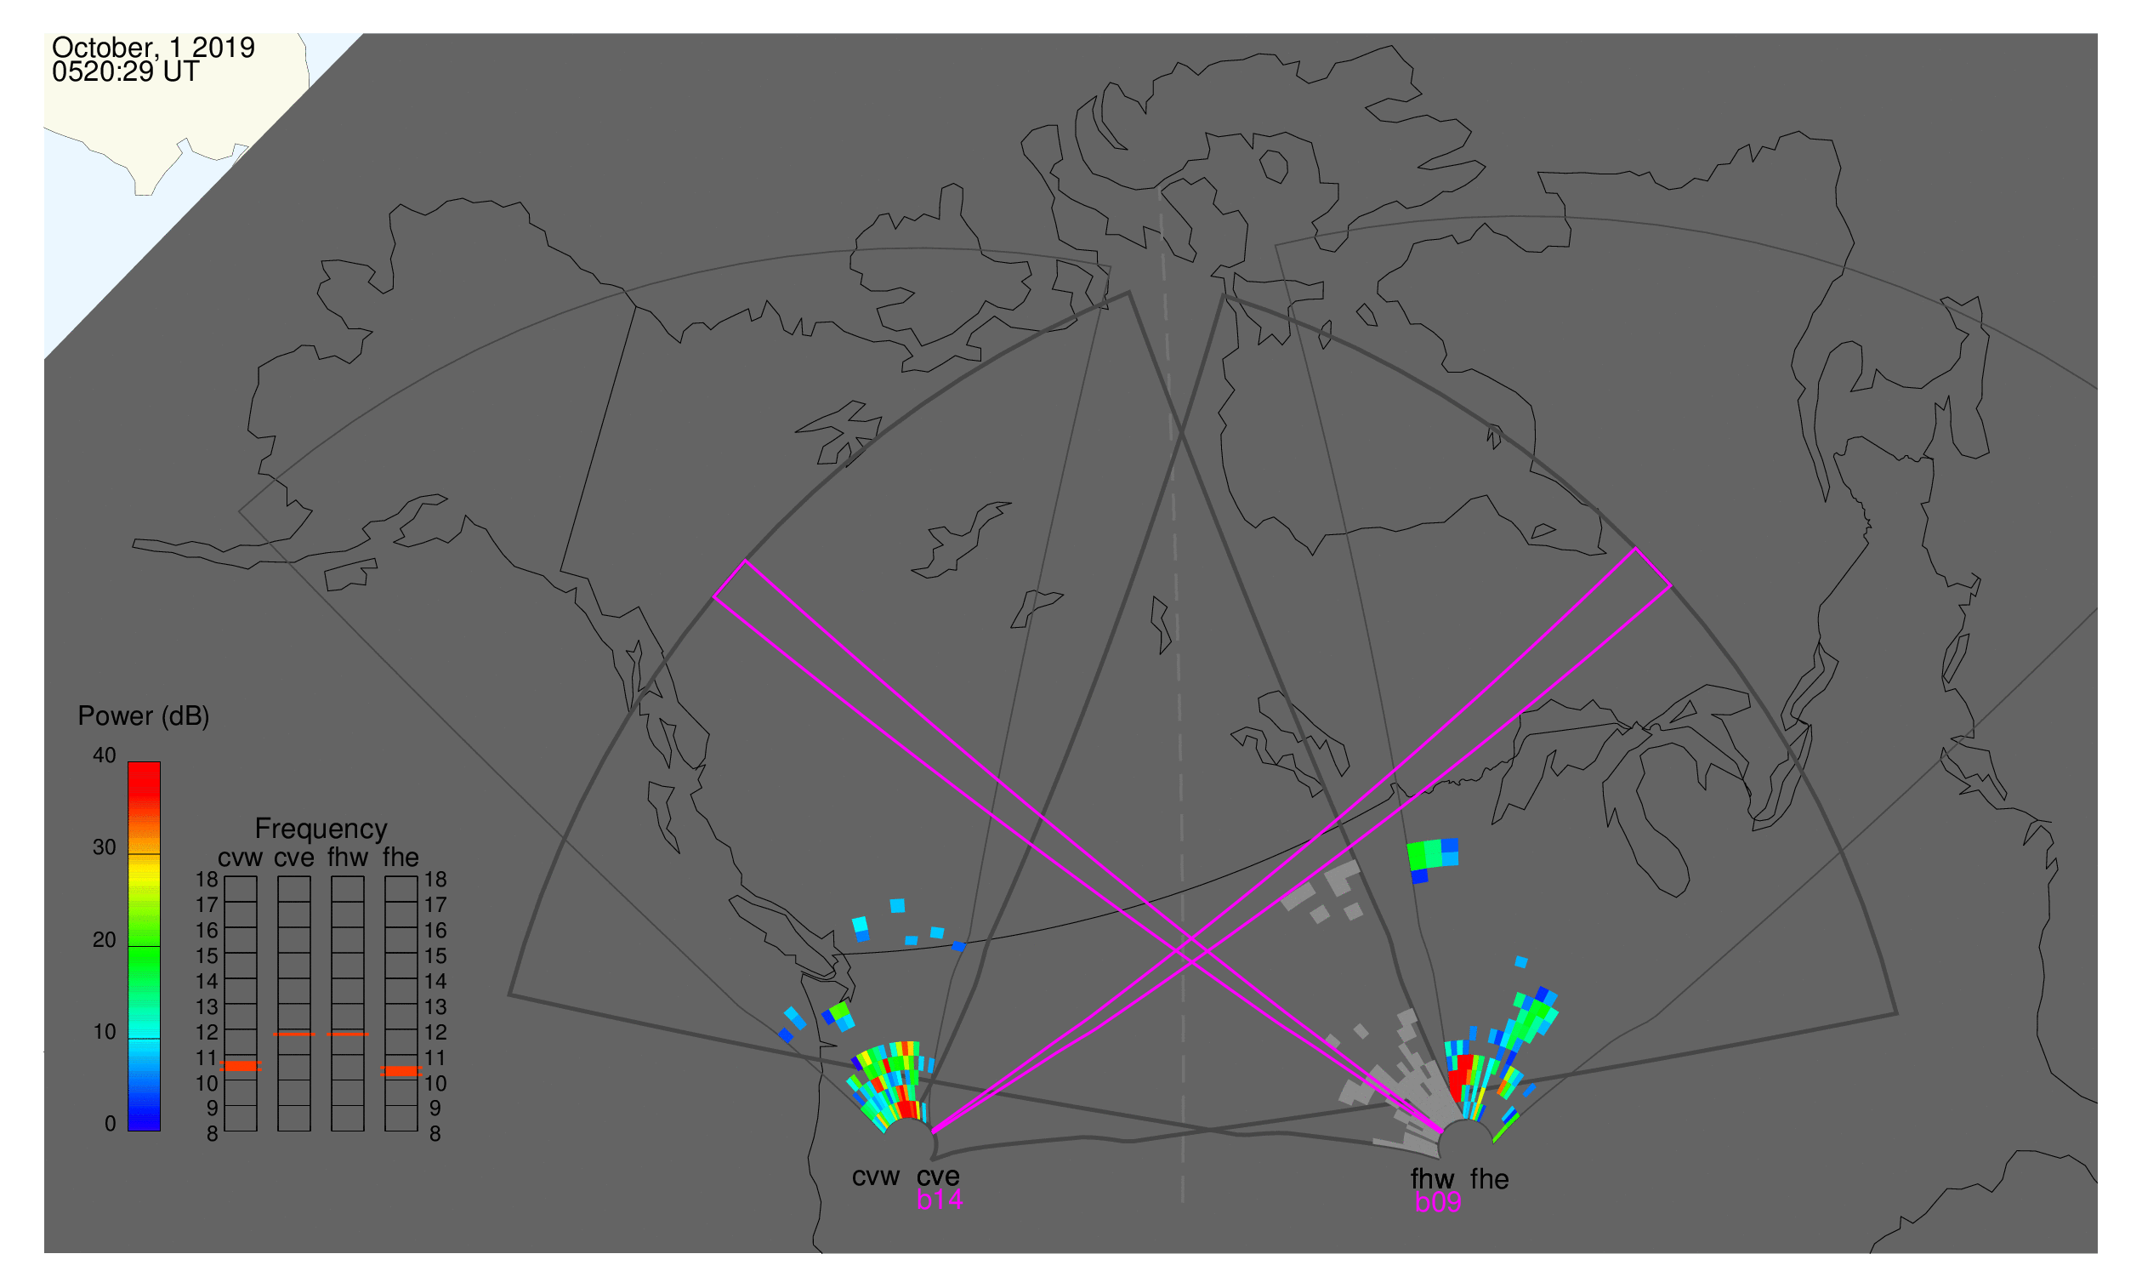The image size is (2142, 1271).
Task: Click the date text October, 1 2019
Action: point(153,47)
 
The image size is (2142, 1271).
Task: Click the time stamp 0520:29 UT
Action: point(126,72)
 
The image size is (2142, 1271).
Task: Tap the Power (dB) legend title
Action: point(144,716)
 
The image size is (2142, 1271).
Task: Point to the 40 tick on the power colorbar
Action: point(105,755)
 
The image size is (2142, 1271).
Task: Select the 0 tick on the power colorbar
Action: point(110,1124)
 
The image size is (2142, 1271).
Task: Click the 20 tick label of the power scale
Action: point(105,940)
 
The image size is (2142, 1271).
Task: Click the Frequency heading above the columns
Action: point(321,829)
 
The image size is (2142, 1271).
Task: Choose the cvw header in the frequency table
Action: point(241,858)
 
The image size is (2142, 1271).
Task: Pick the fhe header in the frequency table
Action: point(401,858)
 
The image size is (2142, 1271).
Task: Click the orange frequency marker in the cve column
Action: point(293,1034)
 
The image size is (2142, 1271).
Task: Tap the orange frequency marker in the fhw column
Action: point(348,1034)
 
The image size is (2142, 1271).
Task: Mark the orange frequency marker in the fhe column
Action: point(401,1071)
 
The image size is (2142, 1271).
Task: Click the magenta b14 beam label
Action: point(939,1200)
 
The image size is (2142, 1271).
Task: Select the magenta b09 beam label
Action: point(1437,1202)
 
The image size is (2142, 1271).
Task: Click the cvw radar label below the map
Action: point(876,1177)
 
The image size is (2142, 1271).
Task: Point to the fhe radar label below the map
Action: point(1490,1179)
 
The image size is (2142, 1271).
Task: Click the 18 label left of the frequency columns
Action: point(207,880)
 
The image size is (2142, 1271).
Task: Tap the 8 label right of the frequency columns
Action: point(435,1134)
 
